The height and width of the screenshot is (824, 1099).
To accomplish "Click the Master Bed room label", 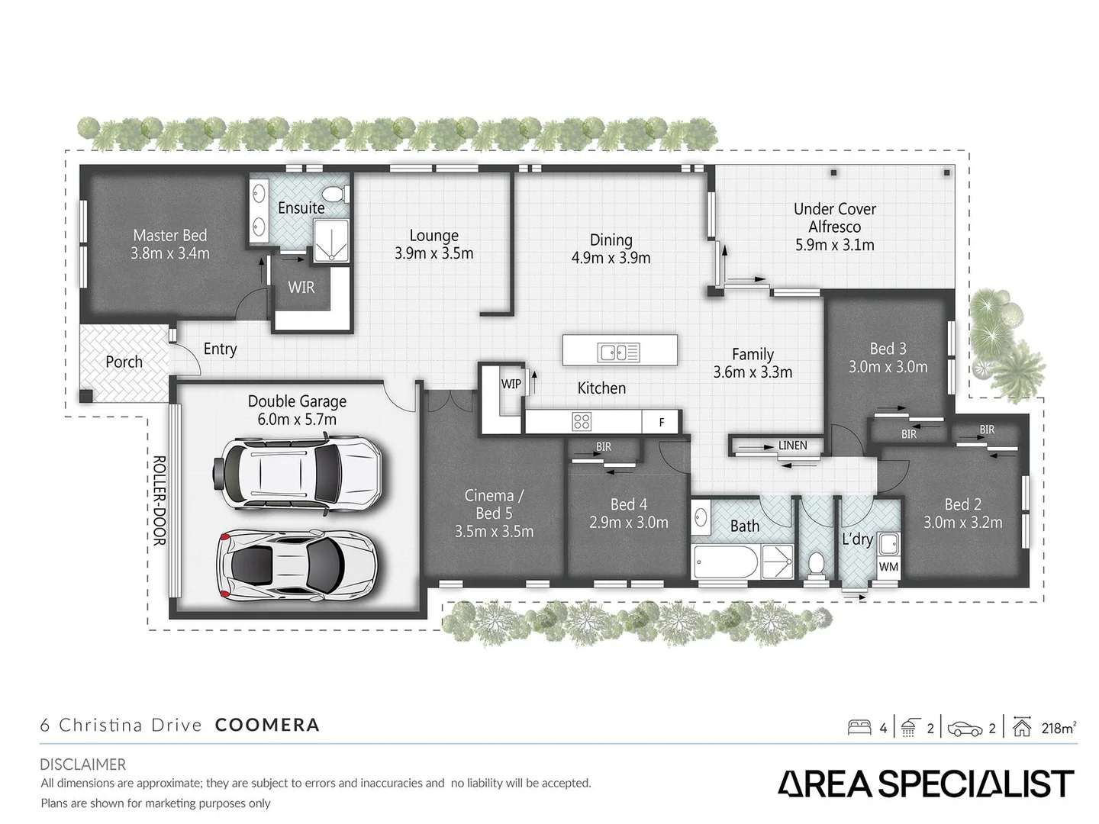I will coord(169,236).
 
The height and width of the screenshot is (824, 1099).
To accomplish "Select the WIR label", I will coord(301,288).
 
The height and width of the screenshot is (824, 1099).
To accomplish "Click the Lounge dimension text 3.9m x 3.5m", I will coord(433,254).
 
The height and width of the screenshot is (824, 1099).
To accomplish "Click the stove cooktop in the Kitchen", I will coord(582,421).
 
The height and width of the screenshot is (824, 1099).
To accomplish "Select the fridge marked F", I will coord(662,422).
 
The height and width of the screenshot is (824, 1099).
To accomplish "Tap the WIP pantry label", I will coord(511,384).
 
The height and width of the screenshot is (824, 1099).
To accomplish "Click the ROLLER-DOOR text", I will coord(159,501).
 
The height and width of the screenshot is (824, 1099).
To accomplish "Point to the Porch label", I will coord(124,362).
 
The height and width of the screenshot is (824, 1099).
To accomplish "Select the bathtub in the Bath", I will coord(726,563).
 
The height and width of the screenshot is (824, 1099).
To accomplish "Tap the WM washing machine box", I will coord(888,567).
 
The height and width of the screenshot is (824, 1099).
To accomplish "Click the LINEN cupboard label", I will coord(792,446).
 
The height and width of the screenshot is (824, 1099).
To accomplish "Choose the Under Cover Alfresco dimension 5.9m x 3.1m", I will coord(834,246).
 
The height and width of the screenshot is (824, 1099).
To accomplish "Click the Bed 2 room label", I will coord(962,504).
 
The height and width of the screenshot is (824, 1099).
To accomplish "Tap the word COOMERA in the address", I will coord(267,725).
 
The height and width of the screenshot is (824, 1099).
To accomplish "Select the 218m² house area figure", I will coord(1058,728).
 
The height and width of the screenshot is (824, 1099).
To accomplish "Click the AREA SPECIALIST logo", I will coord(926,784).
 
